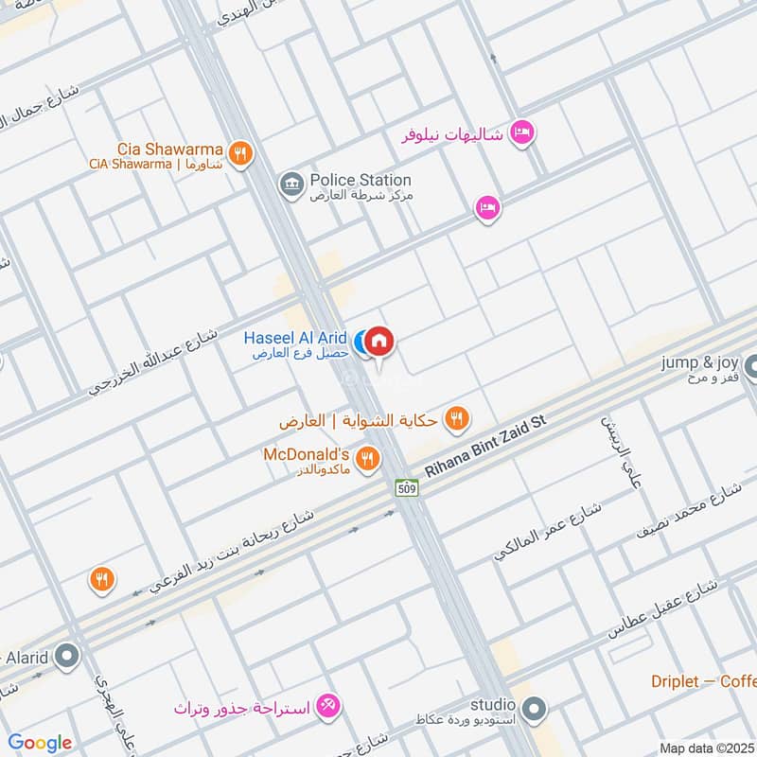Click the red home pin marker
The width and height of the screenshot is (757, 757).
point(378,342)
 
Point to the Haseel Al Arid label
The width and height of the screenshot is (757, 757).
point(295,338)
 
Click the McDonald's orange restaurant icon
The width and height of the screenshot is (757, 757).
point(369,460)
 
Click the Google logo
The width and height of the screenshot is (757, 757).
point(40,743)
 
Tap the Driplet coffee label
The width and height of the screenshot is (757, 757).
point(702,681)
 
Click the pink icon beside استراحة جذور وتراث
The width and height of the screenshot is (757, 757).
point(329,706)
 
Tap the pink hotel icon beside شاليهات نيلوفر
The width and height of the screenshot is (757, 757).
point(520,133)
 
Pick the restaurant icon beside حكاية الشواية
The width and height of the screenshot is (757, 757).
point(457,418)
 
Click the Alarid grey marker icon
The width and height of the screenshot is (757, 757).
point(66,655)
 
